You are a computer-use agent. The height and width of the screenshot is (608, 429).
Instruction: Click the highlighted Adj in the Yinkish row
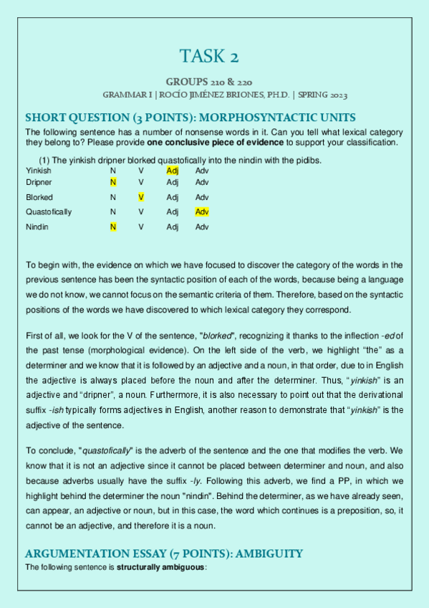(172, 171)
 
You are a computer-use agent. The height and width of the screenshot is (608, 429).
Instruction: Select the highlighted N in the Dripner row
(112, 183)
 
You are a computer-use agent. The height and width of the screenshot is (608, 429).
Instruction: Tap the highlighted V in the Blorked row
(141, 197)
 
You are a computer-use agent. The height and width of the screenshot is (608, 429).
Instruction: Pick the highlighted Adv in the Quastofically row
(202, 212)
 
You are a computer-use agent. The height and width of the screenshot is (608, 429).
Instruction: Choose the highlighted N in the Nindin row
(112, 227)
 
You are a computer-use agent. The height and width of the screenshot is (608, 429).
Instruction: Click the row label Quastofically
(49, 212)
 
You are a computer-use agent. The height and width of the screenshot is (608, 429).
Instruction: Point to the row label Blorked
(39, 197)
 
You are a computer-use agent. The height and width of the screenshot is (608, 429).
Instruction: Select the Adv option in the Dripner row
(202, 183)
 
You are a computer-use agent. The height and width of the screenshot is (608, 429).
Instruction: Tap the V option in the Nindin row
(141, 227)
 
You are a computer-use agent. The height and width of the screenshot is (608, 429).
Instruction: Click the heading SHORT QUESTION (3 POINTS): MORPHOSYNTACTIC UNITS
(191, 118)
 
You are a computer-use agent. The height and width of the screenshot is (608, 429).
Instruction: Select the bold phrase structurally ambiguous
(160, 567)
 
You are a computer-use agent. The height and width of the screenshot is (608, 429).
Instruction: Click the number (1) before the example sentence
(44, 160)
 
